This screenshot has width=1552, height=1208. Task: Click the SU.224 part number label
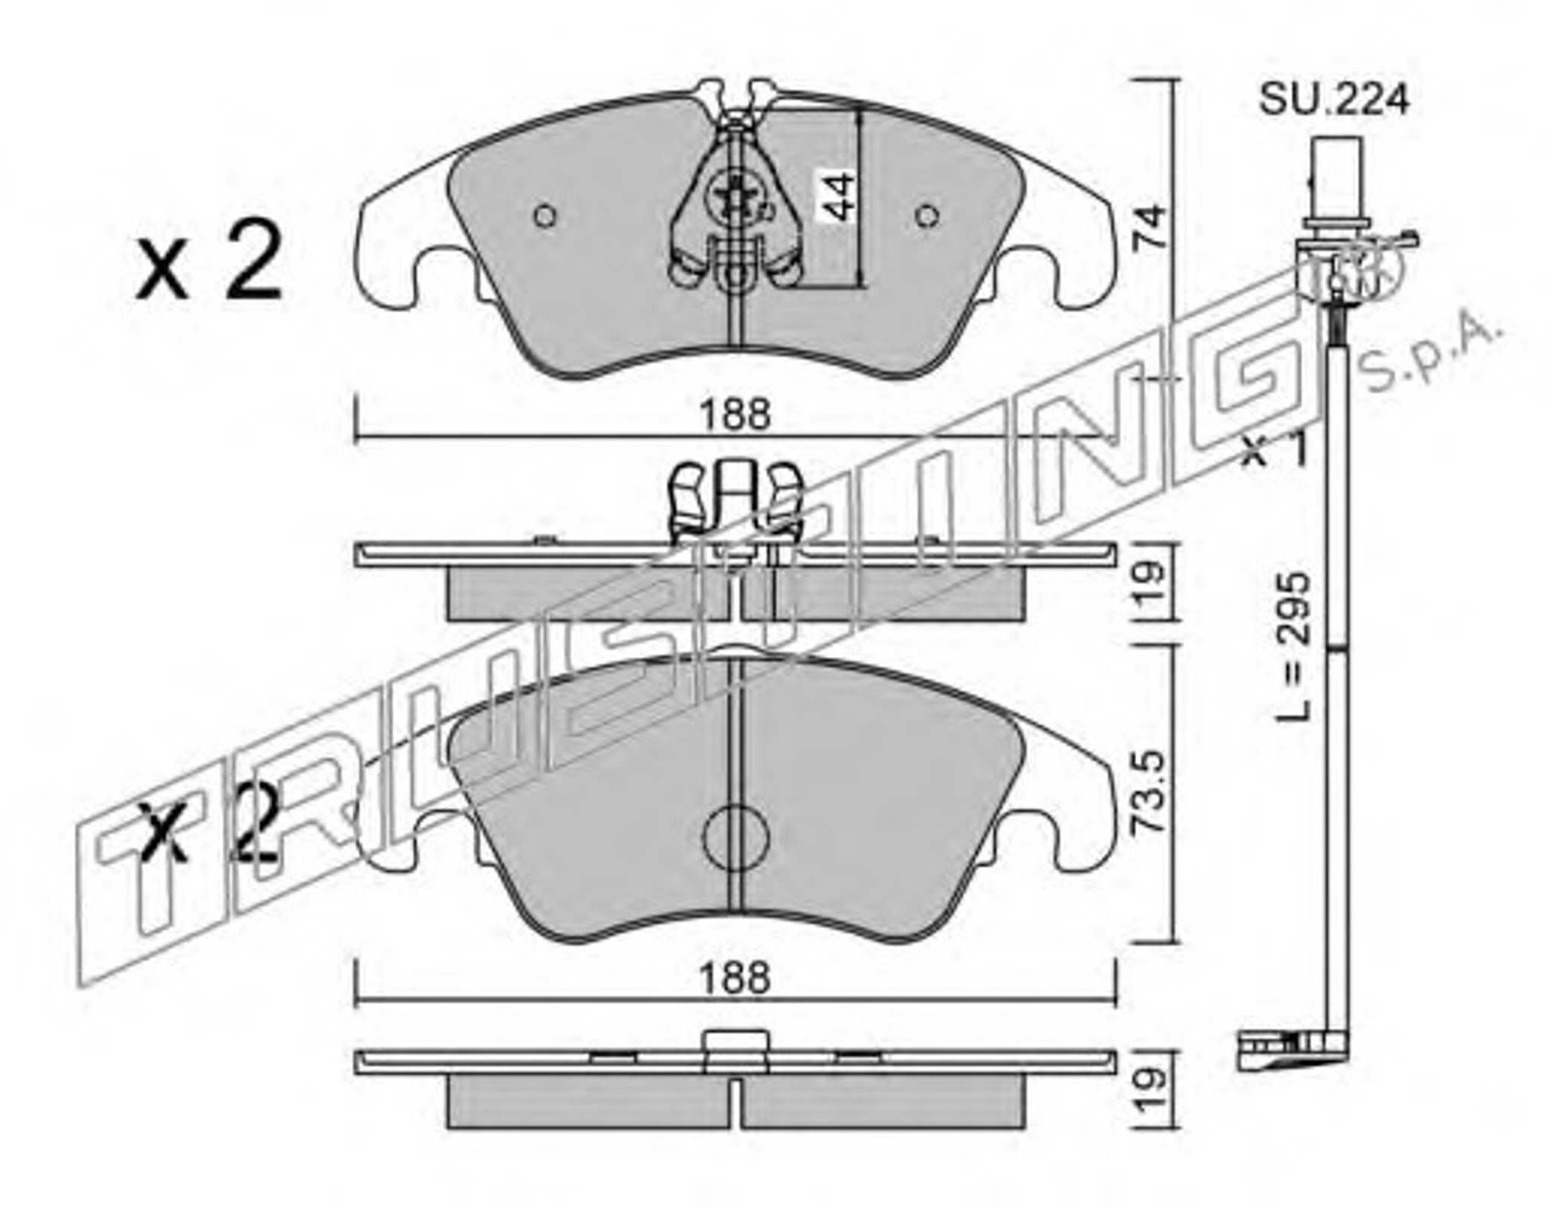click(1333, 99)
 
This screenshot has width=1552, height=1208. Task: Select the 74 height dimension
click(1151, 228)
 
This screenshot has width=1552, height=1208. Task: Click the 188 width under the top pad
click(735, 414)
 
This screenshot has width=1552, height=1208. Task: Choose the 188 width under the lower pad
click(735, 979)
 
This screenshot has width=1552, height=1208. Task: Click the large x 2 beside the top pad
click(209, 263)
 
